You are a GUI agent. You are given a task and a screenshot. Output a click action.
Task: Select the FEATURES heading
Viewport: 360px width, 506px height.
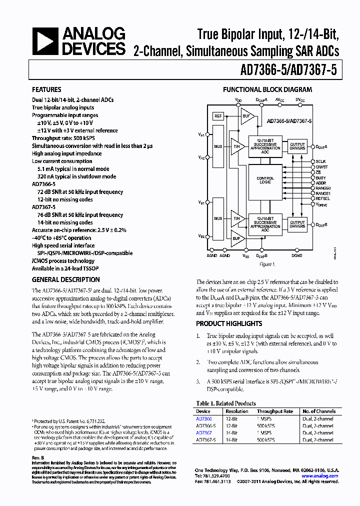46,90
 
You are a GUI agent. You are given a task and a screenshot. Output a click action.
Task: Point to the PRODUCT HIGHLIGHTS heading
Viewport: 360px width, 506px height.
228,323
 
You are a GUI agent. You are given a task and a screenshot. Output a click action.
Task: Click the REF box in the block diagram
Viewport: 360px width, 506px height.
218,116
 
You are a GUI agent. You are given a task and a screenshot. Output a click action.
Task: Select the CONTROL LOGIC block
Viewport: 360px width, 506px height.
265,180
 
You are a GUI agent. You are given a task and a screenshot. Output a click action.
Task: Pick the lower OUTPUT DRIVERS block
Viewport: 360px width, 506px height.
297,224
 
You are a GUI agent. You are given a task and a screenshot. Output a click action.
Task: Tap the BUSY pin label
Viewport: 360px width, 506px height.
320,177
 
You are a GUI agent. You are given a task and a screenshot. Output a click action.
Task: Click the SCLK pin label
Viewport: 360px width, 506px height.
320,161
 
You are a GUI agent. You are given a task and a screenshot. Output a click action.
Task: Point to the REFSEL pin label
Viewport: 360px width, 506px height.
322,198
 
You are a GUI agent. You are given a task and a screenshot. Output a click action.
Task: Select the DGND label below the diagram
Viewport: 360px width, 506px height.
297,255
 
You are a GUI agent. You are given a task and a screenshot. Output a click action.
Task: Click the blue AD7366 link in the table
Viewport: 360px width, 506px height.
203,418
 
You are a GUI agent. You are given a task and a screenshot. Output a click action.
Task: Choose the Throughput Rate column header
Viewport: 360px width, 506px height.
275,411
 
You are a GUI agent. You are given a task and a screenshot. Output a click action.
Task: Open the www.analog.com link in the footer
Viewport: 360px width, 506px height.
321,476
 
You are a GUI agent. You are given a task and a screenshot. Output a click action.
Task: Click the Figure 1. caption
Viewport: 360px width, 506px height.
267,263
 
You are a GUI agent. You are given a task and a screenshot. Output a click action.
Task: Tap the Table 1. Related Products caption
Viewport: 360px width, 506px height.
226,403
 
